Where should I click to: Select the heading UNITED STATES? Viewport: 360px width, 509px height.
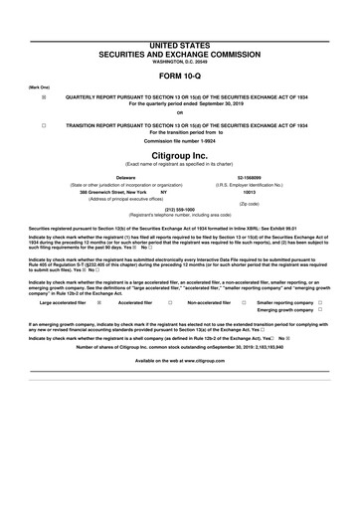(179, 11)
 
